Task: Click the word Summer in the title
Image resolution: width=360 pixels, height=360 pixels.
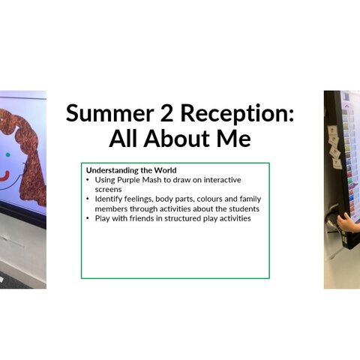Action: tap(109, 113)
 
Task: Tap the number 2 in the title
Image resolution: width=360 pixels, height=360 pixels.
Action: tap(166, 113)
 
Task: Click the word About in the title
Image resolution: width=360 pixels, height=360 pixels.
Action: tap(178, 138)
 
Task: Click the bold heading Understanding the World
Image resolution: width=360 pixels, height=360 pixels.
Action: tap(131, 170)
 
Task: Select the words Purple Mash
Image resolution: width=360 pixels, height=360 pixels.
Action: tap(139, 180)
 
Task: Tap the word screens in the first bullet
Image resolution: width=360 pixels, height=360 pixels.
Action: tap(108, 190)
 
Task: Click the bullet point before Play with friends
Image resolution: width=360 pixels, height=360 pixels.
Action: tap(88, 218)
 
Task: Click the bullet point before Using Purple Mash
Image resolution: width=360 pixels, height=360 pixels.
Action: tap(88, 180)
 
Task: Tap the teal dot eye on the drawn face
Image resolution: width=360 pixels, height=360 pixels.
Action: tap(7, 154)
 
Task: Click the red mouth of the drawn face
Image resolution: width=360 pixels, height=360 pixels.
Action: tap(4, 176)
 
